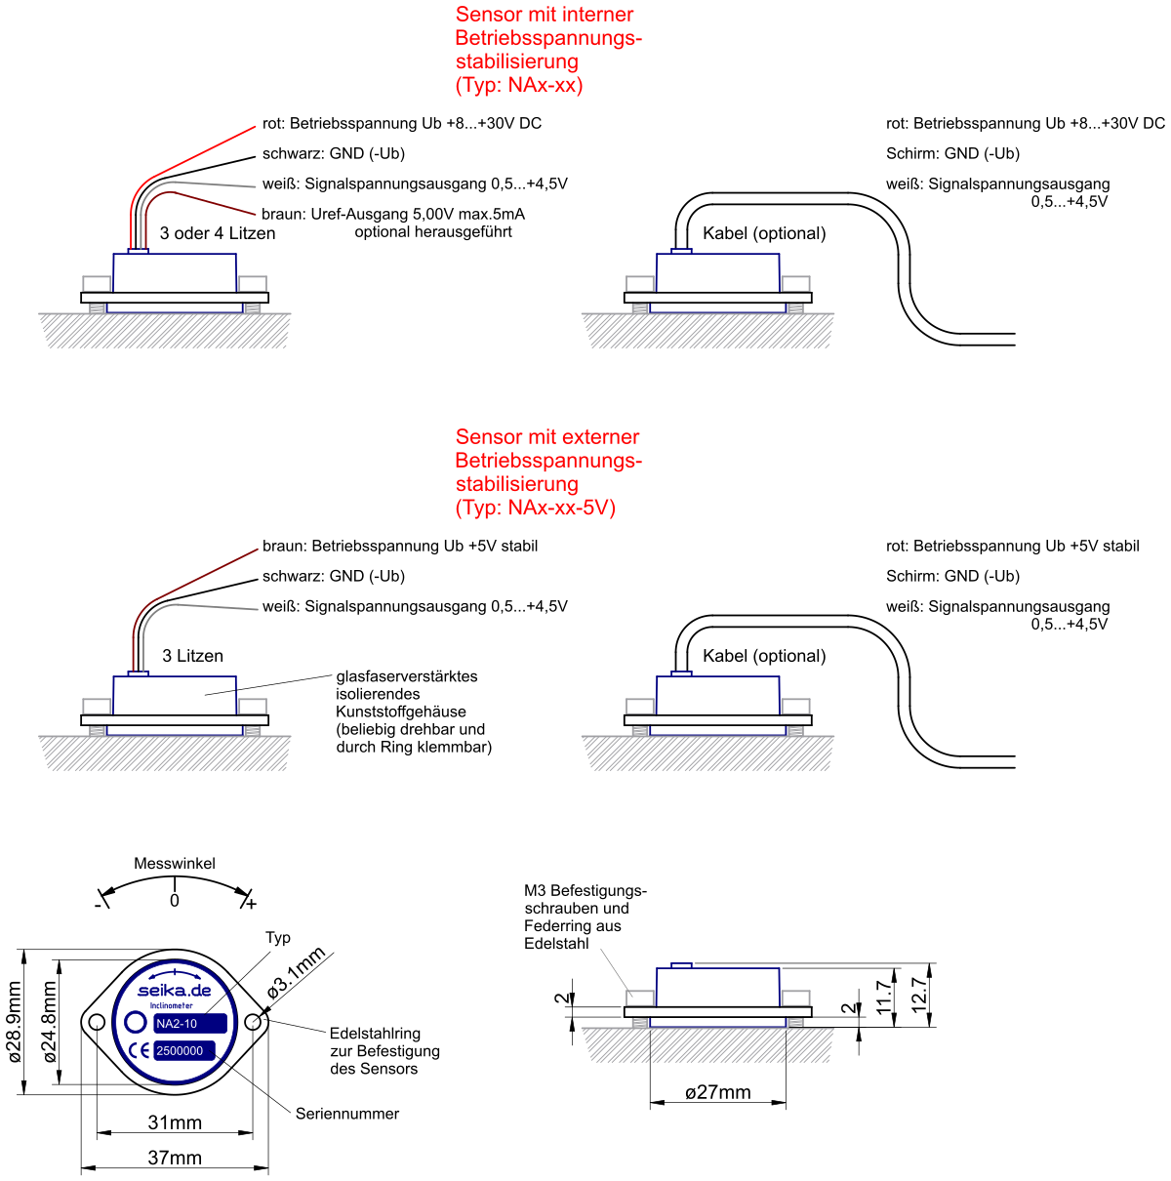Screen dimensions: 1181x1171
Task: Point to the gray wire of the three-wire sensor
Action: click(215, 183)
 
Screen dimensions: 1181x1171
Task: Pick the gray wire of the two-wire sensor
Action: click(215, 607)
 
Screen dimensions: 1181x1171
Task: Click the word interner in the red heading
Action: click(597, 15)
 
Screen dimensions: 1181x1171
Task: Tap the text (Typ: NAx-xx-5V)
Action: click(536, 508)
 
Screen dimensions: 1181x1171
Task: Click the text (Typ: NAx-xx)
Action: click(519, 85)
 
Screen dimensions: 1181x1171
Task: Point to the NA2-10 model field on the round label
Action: click(190, 1024)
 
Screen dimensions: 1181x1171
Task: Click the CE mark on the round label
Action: click(141, 1051)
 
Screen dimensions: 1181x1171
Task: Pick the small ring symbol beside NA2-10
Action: click(136, 1023)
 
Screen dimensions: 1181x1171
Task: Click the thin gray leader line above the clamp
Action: click(613, 970)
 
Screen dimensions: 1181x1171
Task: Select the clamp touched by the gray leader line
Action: click(640, 998)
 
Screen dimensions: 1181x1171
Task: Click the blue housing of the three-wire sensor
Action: click(175, 282)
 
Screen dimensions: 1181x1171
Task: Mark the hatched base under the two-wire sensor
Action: click(165, 753)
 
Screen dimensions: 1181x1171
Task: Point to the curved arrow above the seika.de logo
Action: click(175, 974)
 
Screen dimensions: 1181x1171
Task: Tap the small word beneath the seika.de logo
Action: click(172, 1005)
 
